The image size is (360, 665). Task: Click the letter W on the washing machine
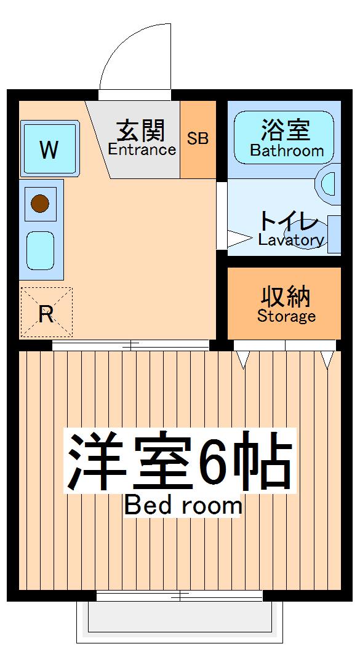coord(49,149)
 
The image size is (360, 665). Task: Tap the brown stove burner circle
coord(40,202)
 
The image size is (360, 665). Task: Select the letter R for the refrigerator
coord(46,314)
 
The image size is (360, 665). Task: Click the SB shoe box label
coord(198,138)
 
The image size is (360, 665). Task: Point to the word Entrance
coord(142,149)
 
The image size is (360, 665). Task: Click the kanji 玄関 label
coord(141,130)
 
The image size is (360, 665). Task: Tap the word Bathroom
coord(287,151)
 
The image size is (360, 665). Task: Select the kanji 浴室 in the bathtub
coord(285,130)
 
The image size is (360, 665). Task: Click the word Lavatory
coord(291,240)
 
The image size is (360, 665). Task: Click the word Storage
coord(286,317)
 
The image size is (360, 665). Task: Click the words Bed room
coord(183,506)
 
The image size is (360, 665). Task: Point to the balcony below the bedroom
coord(179,621)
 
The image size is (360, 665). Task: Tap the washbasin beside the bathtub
coord(329,183)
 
